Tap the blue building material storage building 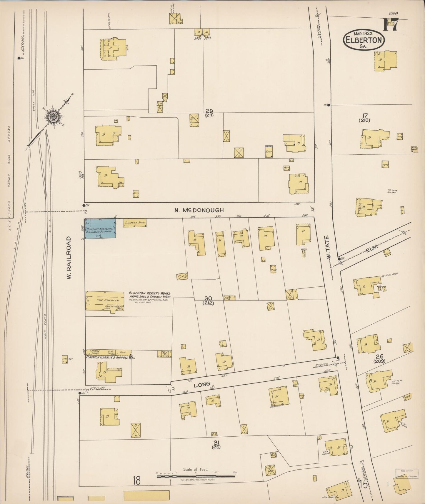pyautogui.click(x=100, y=228)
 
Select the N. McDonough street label pyautogui.click(x=199, y=210)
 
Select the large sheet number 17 pyautogui.click(x=391, y=25)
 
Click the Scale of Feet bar pyautogui.click(x=196, y=475)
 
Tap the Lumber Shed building pyautogui.click(x=134, y=223)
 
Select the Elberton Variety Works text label pyautogui.click(x=150, y=293)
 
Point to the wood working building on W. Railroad pyautogui.click(x=104, y=301)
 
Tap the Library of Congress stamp pyautogui.click(x=407, y=473)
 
